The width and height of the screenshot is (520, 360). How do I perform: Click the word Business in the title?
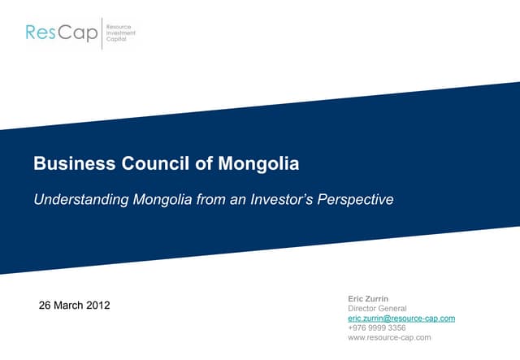coord(69,163)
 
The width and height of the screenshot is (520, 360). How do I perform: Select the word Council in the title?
coord(150,163)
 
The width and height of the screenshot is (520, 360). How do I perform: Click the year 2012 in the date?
coord(97,306)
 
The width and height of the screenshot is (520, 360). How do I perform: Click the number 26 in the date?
coord(45,306)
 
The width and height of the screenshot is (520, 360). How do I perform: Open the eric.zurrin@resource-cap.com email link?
coord(401,319)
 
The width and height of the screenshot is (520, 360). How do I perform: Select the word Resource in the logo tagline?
coord(120,27)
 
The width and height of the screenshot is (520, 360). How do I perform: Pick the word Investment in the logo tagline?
coord(122,33)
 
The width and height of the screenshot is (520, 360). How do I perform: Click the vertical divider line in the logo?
coord(102,33)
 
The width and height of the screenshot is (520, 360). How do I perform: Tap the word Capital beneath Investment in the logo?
coord(117,40)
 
